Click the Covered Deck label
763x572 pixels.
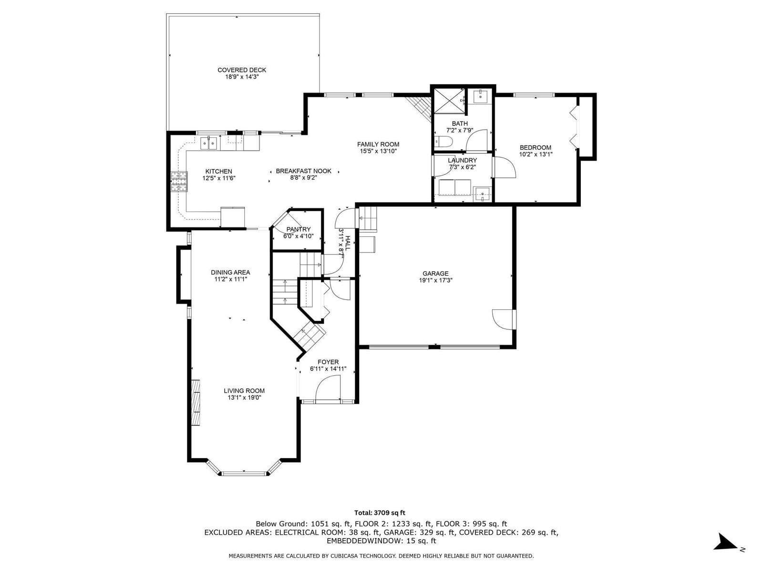click(x=242, y=70)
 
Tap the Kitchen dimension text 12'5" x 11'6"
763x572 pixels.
click(x=219, y=178)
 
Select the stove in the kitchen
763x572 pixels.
click(x=179, y=182)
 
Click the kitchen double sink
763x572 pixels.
click(x=208, y=143)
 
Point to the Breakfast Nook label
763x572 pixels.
click(x=303, y=171)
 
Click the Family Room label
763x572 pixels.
click(x=378, y=144)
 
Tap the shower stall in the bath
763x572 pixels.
click(x=449, y=101)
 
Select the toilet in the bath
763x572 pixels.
click(x=443, y=142)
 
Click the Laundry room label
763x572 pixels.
click(x=462, y=161)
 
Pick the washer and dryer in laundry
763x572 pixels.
click(x=454, y=188)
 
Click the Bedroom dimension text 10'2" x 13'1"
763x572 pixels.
click(x=536, y=154)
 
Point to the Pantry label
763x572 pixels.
click(x=298, y=229)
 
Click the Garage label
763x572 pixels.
click(x=435, y=273)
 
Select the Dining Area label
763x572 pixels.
click(x=230, y=273)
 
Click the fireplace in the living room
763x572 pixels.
click(x=196, y=402)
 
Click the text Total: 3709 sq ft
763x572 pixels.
click(x=380, y=512)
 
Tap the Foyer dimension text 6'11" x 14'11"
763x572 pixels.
click(x=328, y=369)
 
